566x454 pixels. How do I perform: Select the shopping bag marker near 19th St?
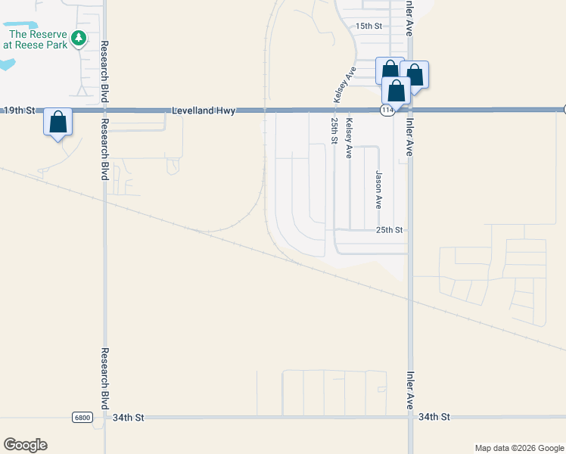58,121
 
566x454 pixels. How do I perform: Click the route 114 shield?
387,110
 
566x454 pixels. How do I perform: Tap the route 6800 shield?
82,418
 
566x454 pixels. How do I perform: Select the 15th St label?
370,26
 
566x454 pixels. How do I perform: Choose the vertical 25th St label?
334,130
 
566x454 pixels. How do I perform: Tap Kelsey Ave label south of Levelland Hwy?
349,138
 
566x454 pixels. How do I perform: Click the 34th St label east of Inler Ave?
434,417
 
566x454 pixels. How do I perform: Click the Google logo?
25,445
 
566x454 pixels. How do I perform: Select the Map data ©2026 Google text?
518,448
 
